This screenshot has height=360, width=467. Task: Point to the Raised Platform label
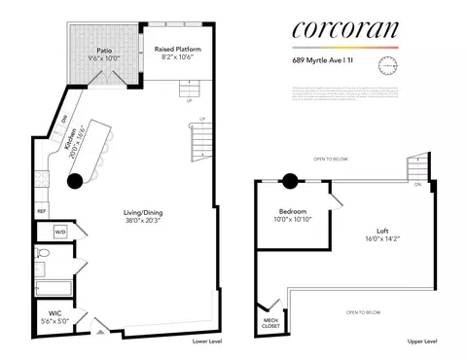[x=176, y=49]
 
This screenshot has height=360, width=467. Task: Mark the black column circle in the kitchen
[x=75, y=180]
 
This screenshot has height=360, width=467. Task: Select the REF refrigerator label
[x=42, y=210]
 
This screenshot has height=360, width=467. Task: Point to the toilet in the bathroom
[x=42, y=254]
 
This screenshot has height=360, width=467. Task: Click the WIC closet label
[x=42, y=313]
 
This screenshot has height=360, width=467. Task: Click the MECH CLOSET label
[x=269, y=323]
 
